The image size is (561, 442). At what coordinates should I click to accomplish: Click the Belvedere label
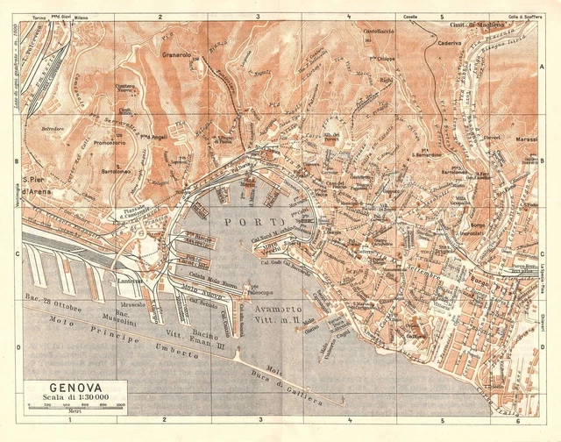coord(54,127)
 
